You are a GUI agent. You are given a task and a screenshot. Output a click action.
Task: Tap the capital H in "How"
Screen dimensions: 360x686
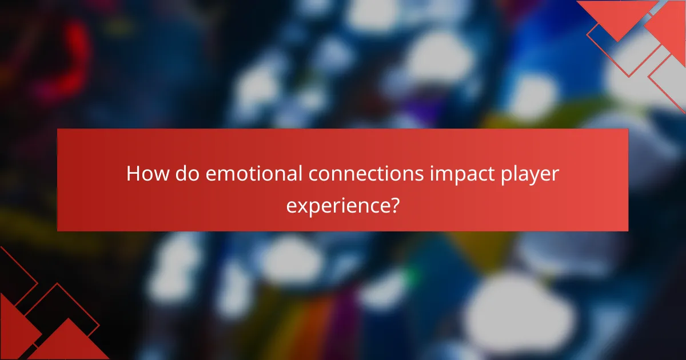pyautogui.click(x=133, y=174)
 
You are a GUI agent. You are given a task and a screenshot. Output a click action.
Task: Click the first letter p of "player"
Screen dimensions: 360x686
pyautogui.click(x=502, y=177)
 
